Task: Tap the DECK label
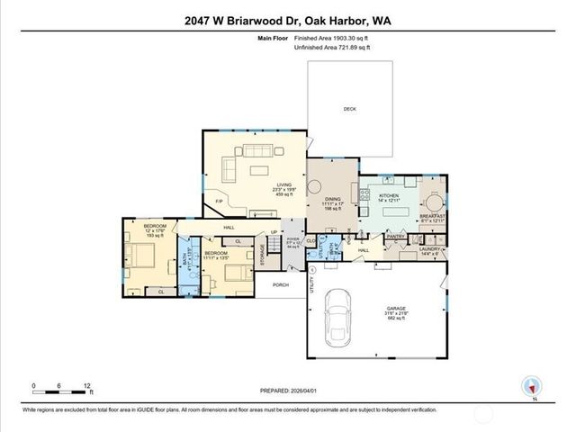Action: point(349,109)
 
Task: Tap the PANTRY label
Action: point(397,238)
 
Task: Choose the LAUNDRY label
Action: point(430,250)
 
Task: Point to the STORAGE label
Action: point(261,255)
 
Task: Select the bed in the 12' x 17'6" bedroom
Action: point(145,261)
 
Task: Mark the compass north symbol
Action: point(532,385)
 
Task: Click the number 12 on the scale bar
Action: point(87,385)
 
